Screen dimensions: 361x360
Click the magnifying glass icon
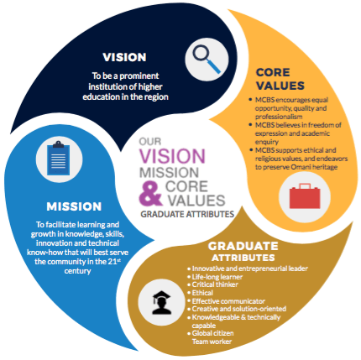click(x=207, y=59)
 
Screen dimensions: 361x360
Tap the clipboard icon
click(x=59, y=159)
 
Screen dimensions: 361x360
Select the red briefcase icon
click(x=305, y=196)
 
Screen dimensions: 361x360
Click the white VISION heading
click(x=124, y=57)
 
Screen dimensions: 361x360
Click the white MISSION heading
click(x=74, y=206)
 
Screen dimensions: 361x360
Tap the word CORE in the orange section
click(x=273, y=72)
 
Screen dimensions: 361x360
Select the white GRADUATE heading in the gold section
click(x=243, y=246)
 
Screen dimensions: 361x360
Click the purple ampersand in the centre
click(x=150, y=194)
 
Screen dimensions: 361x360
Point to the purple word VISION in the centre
click(x=172, y=156)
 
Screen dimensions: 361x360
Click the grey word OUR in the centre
click(x=150, y=142)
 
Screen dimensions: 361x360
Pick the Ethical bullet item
click(x=202, y=293)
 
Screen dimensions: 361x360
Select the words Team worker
click(x=212, y=342)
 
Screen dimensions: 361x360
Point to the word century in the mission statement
click(x=77, y=271)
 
